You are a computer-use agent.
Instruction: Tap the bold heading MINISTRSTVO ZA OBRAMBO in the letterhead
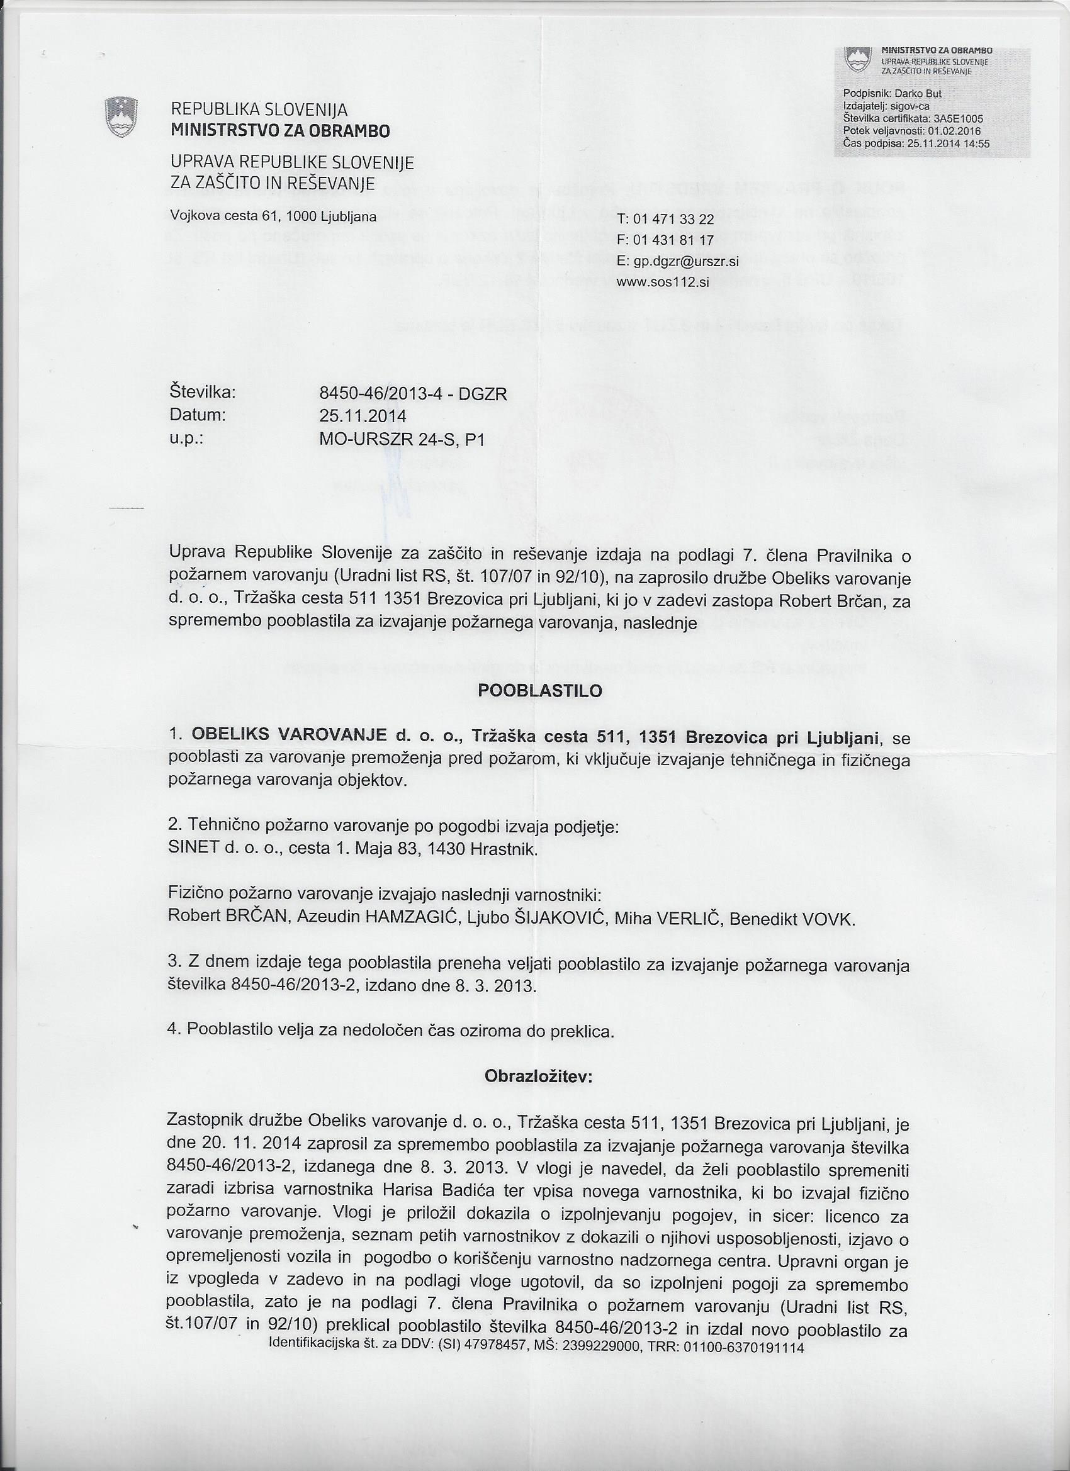pos(279,131)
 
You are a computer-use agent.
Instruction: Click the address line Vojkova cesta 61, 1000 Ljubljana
pos(273,216)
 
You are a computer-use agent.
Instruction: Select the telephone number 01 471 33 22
pos(673,220)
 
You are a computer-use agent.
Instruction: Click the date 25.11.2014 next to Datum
pos(363,416)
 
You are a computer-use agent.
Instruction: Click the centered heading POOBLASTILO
pos(540,691)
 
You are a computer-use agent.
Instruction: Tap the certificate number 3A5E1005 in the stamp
pos(958,118)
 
